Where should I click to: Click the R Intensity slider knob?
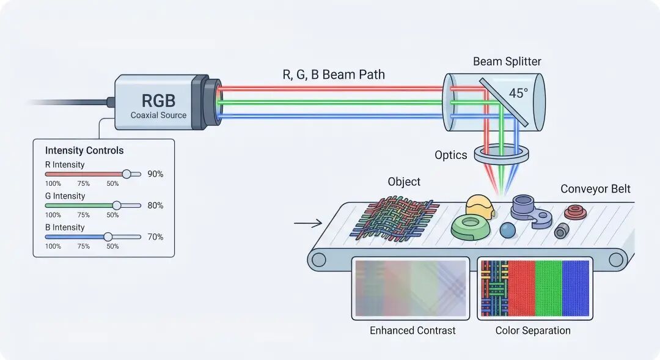127,174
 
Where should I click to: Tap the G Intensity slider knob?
117,205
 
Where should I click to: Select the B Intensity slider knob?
108,237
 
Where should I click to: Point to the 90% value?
155,174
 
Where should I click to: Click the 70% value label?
155,237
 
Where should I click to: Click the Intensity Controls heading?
84,150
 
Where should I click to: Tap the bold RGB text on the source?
158,101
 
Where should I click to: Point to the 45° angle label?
518,93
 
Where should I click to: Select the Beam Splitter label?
507,62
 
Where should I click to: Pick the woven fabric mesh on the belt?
395,218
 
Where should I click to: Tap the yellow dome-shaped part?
480,207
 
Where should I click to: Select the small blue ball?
508,230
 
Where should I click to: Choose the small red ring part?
575,212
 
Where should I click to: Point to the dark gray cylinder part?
562,231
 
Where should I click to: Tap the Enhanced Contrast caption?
413,331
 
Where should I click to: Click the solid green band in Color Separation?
548,288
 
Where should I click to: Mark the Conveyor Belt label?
595,189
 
